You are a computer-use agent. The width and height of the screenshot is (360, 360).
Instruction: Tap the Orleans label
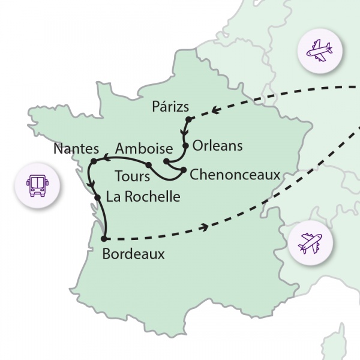[x=218, y=146]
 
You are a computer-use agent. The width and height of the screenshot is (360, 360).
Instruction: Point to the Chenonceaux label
[x=235, y=175]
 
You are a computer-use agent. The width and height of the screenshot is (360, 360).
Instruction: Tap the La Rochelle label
[x=142, y=196]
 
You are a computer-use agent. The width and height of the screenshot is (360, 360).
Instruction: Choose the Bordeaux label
[x=133, y=254]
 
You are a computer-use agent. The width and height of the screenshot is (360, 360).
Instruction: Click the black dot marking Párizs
[x=188, y=120]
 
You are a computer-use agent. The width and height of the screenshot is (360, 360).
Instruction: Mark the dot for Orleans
[x=186, y=145]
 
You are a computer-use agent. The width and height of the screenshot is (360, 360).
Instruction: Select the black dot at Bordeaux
[x=105, y=238]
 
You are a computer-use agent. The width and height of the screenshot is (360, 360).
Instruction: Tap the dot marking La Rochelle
[x=96, y=196]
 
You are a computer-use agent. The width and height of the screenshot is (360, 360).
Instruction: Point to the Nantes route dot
[x=94, y=161]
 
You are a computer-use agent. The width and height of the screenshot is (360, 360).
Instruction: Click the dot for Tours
[x=148, y=165]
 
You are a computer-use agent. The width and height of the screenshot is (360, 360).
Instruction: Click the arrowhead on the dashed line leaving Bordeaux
[x=208, y=227]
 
